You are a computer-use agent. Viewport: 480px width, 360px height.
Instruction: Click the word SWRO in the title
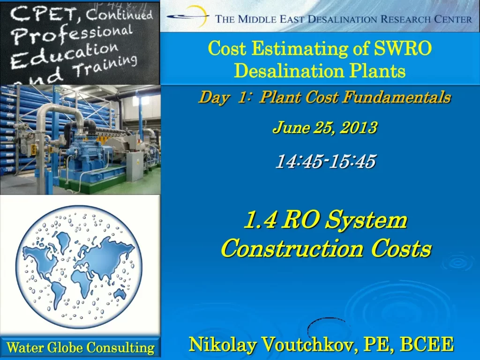(403, 48)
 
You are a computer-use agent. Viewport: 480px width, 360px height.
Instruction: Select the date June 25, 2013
(325, 127)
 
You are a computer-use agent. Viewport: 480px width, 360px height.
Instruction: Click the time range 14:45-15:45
(326, 161)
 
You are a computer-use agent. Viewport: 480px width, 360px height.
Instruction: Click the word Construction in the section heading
(292, 248)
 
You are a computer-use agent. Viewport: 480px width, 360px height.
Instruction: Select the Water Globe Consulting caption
(80, 347)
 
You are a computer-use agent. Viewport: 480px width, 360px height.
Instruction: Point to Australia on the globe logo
(120, 294)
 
